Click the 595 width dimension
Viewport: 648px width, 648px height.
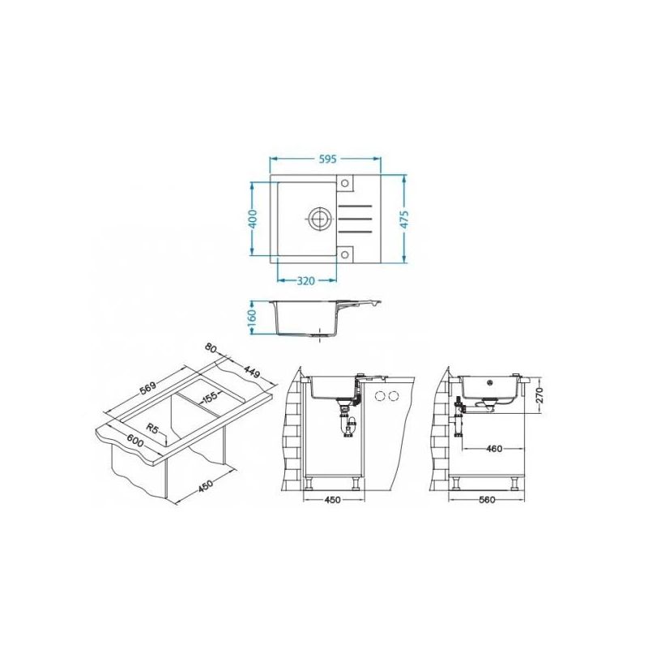[328, 159]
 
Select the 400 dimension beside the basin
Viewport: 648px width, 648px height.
[253, 219]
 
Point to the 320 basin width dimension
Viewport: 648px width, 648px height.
[306, 281]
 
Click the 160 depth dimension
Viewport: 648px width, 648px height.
[253, 316]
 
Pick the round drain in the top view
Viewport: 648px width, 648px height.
[318, 217]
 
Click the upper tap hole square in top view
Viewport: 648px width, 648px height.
[345, 183]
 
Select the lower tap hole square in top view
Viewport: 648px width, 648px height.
[345, 254]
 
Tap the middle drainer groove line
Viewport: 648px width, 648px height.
[356, 217]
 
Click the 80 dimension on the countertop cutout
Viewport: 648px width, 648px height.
[211, 348]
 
